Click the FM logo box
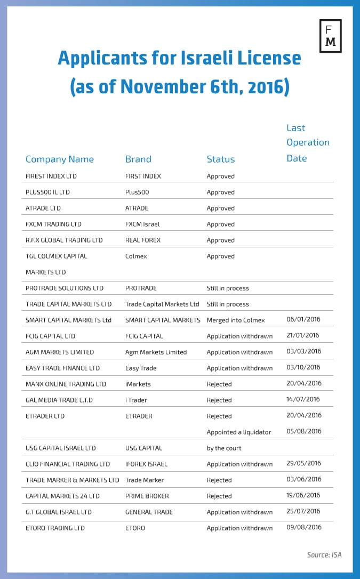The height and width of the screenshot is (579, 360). coord(330,36)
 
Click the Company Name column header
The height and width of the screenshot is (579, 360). coord(60,159)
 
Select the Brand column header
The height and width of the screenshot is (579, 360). coord(138,159)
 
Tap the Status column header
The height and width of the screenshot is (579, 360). coord(221,159)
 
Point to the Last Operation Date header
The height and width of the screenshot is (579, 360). coord(308,142)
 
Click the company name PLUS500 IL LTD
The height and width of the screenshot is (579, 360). coord(47,192)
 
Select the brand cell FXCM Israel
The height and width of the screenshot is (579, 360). coord(142,224)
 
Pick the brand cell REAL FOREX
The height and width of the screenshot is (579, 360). coord(143,240)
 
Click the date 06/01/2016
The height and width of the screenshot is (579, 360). coord(304,319)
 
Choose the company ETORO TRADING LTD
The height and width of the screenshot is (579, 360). coord(55,528)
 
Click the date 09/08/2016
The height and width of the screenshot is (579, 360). coord(304,527)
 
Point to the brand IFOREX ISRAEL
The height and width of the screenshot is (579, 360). coord(146,464)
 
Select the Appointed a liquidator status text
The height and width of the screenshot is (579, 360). coord(239,432)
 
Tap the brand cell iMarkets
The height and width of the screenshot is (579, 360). coord(138,384)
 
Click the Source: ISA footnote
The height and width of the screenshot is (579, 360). coord(324,555)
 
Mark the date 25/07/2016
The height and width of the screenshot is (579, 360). coord(304,511)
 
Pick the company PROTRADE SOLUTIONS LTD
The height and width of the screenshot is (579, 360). coord(65,288)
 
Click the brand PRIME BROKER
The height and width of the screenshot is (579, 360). coord(147,496)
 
